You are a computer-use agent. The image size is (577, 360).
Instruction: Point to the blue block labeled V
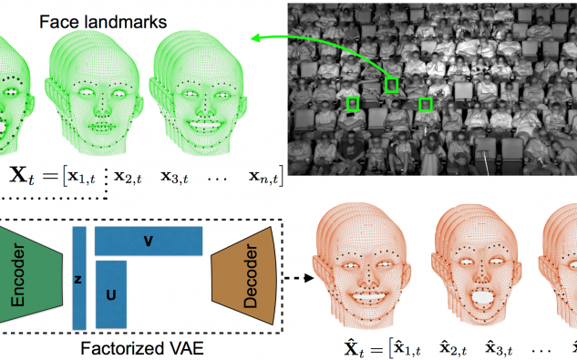coord(149,241)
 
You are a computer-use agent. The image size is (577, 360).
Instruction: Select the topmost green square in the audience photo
coord(392,84)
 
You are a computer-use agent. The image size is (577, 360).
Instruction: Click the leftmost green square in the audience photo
coord(352,104)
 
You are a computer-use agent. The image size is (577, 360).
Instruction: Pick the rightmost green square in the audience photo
coord(425,105)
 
